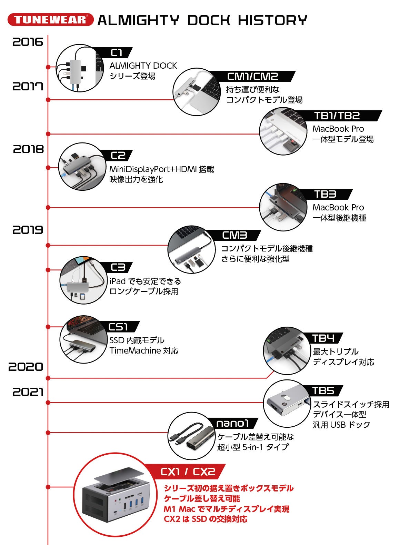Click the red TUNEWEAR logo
click(50, 20)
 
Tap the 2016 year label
click(28, 42)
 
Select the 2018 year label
click(29, 149)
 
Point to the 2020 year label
click(26, 367)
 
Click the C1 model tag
click(117, 53)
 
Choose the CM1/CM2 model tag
click(253, 76)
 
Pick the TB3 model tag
click(325, 194)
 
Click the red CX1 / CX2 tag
click(188, 472)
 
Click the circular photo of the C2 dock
click(82, 167)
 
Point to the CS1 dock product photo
click(83, 339)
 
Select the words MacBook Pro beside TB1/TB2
click(338, 129)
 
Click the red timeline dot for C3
click(48, 270)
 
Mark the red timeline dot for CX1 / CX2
click(48, 487)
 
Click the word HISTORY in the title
click(272, 20)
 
